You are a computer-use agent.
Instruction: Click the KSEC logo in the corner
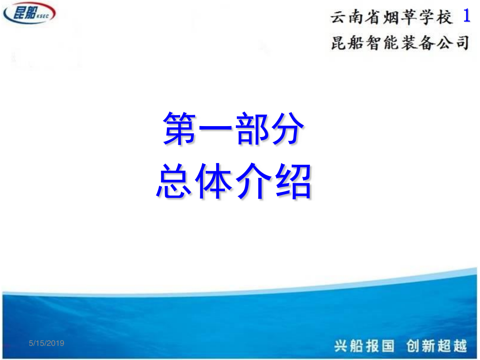pyautogui.click(x=29, y=13)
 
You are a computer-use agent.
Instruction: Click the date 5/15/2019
pyautogui.click(x=47, y=343)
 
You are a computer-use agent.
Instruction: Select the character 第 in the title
pyautogui.click(x=179, y=128)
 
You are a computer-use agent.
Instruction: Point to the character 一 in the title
pyautogui.click(x=215, y=128)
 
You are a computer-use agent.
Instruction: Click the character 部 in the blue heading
pyautogui.click(x=251, y=128)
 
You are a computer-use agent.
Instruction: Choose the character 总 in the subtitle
pyautogui.click(x=174, y=181)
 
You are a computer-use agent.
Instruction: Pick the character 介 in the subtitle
pyautogui.click(x=253, y=181)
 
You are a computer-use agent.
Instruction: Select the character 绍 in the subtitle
pyautogui.click(x=293, y=181)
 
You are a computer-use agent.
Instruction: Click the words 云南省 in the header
pyautogui.click(x=355, y=17)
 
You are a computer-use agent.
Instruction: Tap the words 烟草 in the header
pyautogui.click(x=399, y=17)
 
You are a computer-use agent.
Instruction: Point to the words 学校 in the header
pyautogui.click(x=435, y=17)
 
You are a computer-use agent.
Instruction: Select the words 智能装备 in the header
pyautogui.click(x=400, y=42)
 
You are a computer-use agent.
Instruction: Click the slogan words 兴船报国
pyautogui.click(x=364, y=346)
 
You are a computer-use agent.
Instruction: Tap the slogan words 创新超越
pyautogui.click(x=437, y=346)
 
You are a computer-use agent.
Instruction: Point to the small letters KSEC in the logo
pyautogui.click(x=43, y=16)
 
